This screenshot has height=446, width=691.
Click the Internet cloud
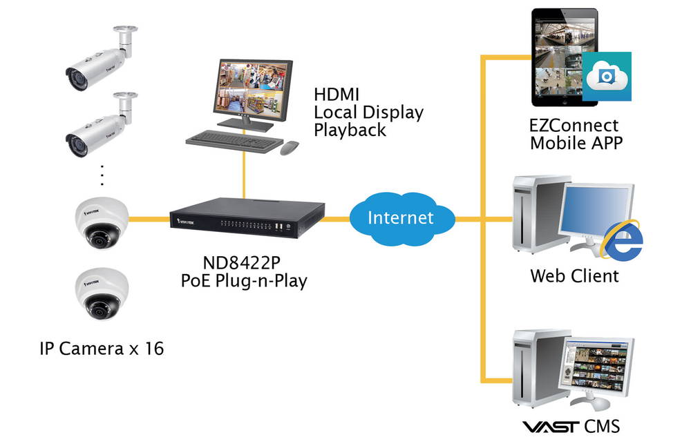coord(400,218)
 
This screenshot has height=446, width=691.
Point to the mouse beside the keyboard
coord(289,146)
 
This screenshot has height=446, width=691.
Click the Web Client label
coord(574,277)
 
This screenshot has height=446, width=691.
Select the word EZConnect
coord(574,126)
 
